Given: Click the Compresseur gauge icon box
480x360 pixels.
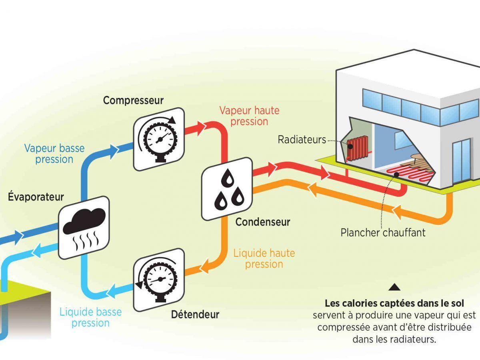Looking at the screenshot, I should point(158,139).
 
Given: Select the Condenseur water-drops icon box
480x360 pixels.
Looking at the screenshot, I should point(227,188).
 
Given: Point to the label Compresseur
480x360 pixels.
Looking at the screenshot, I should point(133,100).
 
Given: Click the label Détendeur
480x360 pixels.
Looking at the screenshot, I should point(195,314).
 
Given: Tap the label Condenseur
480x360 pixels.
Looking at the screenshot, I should point(263,222).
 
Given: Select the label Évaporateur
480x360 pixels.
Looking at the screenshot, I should point(36,197).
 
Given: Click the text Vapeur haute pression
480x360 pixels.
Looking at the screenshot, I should point(249,116).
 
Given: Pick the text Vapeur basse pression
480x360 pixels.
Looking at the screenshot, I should point(54,154).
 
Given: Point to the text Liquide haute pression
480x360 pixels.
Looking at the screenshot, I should point(264,258).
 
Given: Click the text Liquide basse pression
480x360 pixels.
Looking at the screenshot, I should point(90,317).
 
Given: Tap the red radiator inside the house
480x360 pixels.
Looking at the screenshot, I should point(357,148).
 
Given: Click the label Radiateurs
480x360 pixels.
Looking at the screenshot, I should point(302,140).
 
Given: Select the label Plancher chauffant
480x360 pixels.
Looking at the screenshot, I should point(383,232).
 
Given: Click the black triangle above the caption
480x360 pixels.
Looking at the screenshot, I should point(394,286).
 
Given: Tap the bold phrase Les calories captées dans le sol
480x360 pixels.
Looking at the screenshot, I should point(394,303).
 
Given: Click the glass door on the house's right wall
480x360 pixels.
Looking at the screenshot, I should point(460,160).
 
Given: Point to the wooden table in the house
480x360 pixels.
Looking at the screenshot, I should point(420,162).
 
